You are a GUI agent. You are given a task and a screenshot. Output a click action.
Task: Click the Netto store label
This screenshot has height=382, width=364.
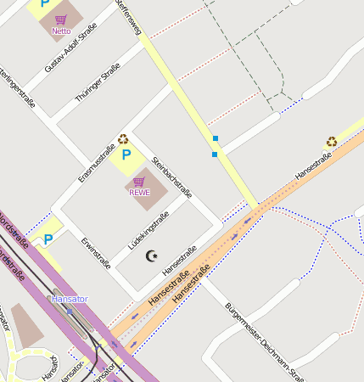(x=61, y=31)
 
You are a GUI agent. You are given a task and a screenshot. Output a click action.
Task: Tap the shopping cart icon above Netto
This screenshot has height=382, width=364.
(x=61, y=19)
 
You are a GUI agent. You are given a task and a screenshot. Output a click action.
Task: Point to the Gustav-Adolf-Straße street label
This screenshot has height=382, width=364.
(x=71, y=48)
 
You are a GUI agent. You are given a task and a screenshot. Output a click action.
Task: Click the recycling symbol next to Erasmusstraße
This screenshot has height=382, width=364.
(x=123, y=139)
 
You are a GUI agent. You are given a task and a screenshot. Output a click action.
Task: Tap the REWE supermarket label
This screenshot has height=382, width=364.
(x=139, y=192)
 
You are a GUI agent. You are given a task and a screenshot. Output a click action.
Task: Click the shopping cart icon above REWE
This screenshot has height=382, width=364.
(x=139, y=181)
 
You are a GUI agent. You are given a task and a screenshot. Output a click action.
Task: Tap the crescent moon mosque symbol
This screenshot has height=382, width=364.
(x=153, y=256)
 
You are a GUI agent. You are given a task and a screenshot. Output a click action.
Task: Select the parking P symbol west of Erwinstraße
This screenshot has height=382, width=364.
(x=48, y=239)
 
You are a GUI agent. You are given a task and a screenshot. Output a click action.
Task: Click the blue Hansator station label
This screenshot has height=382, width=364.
(x=70, y=299)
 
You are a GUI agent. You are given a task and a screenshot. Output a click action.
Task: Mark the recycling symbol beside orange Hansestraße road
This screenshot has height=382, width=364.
(x=331, y=142)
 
